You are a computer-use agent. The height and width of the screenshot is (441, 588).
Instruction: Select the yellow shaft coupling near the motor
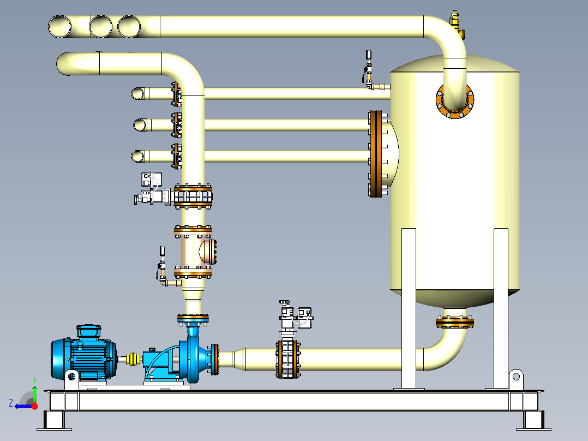[133, 359]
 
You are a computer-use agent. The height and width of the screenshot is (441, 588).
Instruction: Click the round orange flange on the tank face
[455, 100]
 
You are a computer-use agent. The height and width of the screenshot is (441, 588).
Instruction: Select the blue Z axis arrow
[22, 406]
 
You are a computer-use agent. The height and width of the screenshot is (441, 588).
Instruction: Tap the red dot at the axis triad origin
[34, 406]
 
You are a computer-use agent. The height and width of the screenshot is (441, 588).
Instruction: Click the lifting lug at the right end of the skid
[515, 379]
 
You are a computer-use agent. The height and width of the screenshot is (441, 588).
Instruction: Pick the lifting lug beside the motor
[71, 379]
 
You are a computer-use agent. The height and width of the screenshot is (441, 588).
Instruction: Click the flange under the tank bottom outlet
[455, 322]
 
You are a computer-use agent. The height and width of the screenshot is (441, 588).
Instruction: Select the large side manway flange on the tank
[376, 154]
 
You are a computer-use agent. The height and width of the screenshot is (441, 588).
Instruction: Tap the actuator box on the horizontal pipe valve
[305, 318]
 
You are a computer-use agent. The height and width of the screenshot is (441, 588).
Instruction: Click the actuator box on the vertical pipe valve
[151, 180]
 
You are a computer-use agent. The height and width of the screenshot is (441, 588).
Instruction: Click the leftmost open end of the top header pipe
[59, 27]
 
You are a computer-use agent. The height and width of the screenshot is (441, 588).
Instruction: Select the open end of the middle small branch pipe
[140, 124]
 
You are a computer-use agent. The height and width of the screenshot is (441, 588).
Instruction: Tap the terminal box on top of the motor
[89, 331]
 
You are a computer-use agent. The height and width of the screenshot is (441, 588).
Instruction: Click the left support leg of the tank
[409, 308]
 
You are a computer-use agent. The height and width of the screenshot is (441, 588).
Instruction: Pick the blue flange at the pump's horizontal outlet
[215, 359]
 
